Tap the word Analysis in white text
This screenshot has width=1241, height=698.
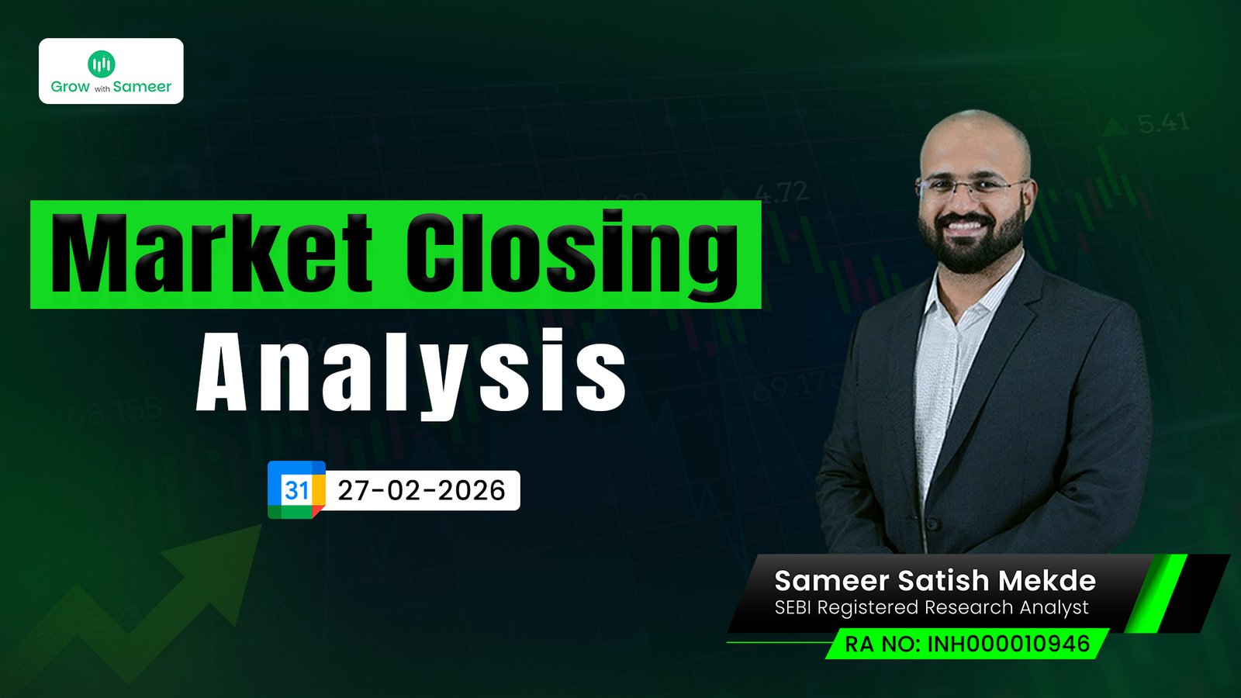(x=410, y=372)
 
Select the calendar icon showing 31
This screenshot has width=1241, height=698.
(x=296, y=489)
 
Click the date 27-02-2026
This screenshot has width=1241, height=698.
(x=422, y=491)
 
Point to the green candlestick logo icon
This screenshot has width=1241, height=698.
(x=102, y=64)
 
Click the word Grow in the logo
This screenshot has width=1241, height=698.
(x=71, y=86)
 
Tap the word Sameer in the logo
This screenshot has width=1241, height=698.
(x=143, y=86)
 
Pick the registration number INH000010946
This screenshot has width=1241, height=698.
(x=1008, y=644)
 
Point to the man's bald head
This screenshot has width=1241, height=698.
(x=975, y=139)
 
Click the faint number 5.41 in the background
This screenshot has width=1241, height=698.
(x=1163, y=123)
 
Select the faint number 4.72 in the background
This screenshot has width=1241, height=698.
(x=781, y=192)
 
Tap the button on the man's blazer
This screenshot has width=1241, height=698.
(x=936, y=524)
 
